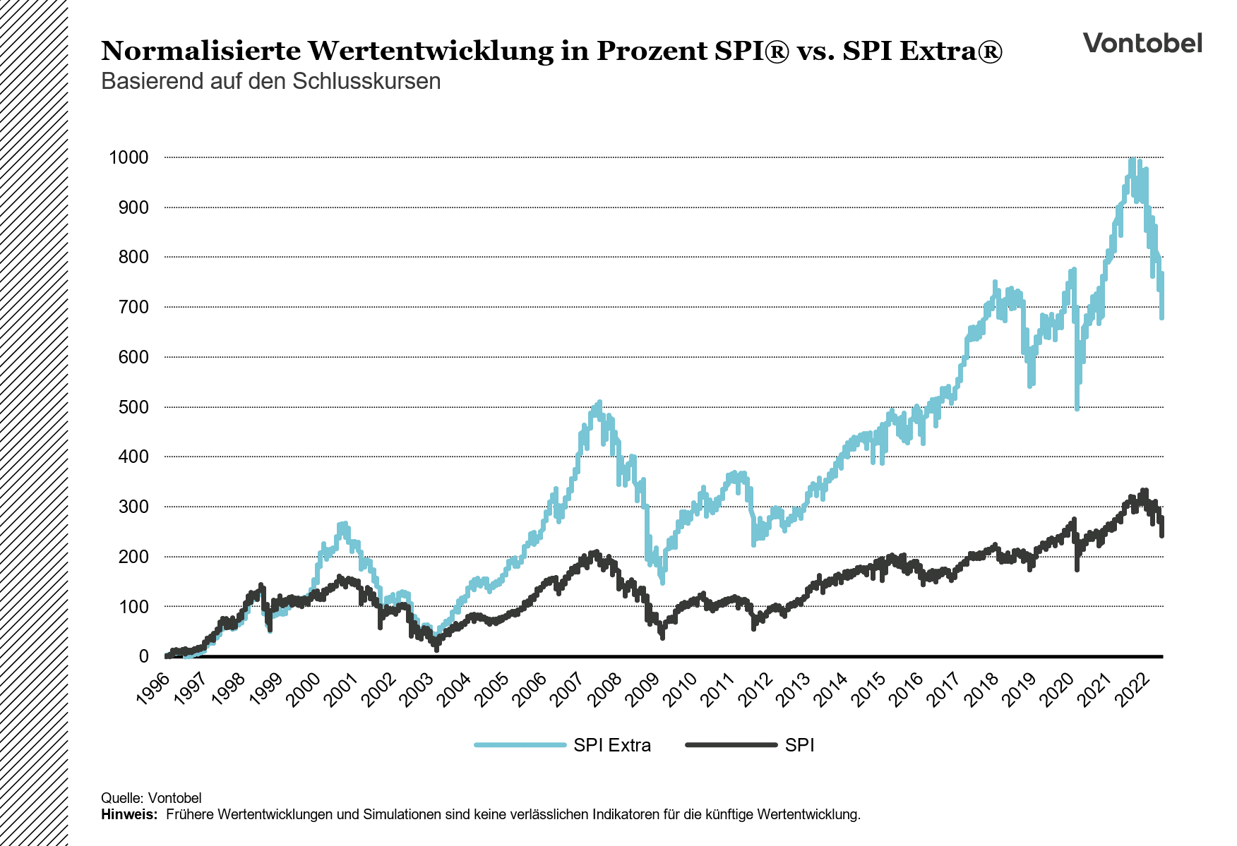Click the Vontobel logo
tap(1142, 43)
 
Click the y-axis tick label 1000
tap(129, 157)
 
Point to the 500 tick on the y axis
tap(134, 407)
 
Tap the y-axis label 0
tap(143, 656)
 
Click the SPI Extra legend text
tap(611, 745)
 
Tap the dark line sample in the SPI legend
tap(731, 745)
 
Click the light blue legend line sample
tap(520, 745)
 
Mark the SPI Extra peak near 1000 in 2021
tap(1132, 161)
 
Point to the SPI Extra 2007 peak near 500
tap(599, 403)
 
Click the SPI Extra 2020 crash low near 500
tap(1077, 407)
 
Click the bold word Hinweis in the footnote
tap(129, 814)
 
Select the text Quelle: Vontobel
tap(151, 798)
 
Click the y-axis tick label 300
tap(134, 507)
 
